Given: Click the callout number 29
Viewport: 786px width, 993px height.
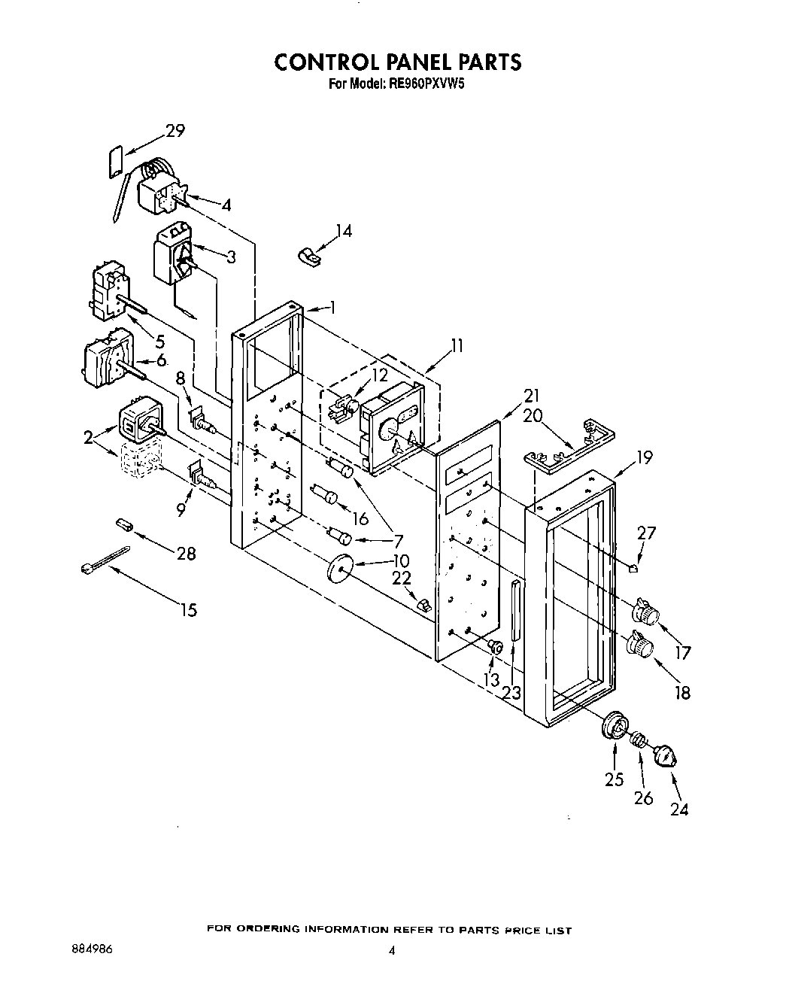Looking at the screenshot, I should (x=174, y=131).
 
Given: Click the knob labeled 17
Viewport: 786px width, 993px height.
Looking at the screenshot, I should (x=643, y=612).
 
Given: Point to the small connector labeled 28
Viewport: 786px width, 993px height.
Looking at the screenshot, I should (x=123, y=524).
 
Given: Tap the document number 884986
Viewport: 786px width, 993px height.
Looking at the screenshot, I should (x=89, y=949).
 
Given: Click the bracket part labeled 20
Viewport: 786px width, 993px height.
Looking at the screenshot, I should (x=568, y=448).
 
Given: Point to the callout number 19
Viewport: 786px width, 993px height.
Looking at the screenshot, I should (x=643, y=457).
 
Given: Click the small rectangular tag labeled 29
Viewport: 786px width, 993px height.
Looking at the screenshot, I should (x=116, y=161).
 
